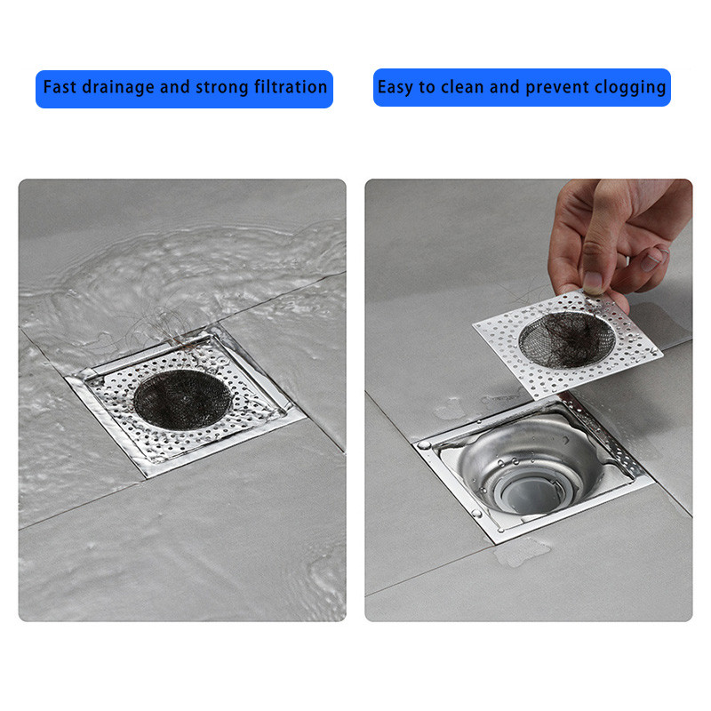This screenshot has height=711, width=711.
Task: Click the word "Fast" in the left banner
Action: pos(60,86)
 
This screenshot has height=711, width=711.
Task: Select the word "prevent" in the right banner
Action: pos(557,88)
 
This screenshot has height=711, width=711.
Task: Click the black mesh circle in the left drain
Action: pos(182,399)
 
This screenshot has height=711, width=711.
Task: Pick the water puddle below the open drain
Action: pos(522,552)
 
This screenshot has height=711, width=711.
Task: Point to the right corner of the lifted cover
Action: pos(662,352)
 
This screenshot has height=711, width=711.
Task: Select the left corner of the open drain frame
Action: pos(415,446)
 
